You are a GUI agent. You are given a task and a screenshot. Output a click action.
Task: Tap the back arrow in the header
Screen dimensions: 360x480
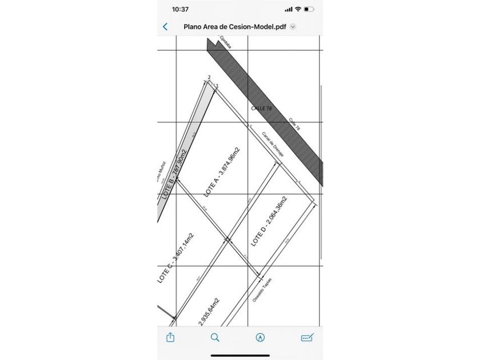[x=166, y=26]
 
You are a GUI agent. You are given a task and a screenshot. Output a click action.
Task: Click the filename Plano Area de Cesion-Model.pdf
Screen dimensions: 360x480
[x=235, y=26]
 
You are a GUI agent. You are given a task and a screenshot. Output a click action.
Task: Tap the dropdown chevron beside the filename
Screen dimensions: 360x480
[x=293, y=26]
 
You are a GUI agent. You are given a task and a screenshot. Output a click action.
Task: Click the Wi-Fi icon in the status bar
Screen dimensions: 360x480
[x=298, y=9]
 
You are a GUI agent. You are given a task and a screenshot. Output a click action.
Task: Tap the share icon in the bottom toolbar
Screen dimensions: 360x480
[x=170, y=337]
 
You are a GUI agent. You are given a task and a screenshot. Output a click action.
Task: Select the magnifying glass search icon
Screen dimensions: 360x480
[x=215, y=337]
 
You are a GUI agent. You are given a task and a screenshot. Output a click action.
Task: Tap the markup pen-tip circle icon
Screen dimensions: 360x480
[x=261, y=337]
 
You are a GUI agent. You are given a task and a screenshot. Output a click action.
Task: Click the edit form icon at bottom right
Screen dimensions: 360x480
[x=307, y=337]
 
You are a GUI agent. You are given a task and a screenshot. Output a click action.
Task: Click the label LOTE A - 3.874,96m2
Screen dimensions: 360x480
[x=222, y=172]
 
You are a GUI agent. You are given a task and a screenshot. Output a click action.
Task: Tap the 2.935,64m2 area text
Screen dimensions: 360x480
[x=209, y=311]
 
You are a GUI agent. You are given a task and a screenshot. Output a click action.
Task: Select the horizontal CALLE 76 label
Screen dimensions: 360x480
[x=262, y=107]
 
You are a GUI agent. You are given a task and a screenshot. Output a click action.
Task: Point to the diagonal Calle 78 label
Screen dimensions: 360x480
[x=295, y=125]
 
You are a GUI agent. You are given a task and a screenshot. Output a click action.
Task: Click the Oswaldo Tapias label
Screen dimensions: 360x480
[x=262, y=290]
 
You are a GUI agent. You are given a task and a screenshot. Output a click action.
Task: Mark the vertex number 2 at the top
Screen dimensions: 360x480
[x=210, y=78]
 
